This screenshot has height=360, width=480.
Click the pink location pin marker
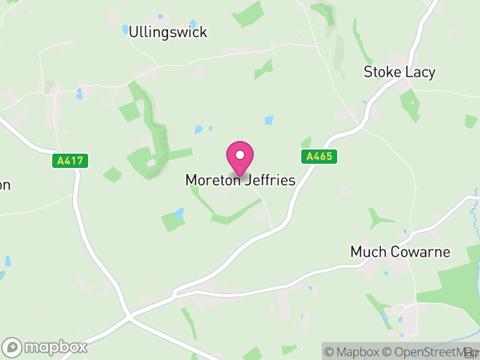point(240,158)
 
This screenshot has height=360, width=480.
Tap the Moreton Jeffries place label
point(240,180)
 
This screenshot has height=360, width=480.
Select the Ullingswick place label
point(168,32)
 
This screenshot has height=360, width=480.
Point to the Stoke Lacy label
point(400,73)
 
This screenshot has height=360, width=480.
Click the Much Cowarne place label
point(400,251)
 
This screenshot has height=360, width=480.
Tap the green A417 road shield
point(70,161)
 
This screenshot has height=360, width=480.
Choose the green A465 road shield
point(319,157)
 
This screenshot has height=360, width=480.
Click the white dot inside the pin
point(240,155)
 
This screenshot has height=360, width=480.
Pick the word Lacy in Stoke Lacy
point(420,73)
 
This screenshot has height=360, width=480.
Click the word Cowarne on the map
point(418,251)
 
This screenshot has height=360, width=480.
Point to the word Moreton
point(212,180)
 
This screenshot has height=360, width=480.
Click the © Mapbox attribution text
point(358,352)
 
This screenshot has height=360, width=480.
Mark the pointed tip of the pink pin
point(240,176)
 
